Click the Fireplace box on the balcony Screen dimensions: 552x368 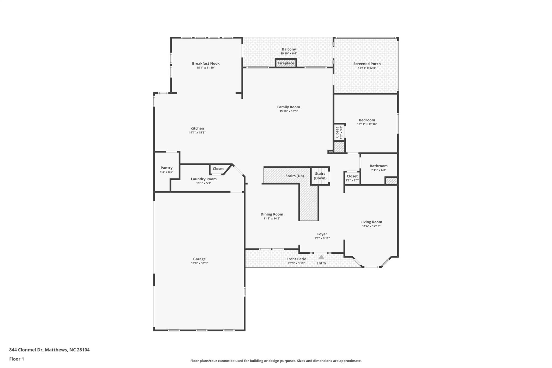[x=286, y=63]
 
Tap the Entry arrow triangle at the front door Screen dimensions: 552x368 [x=321, y=257]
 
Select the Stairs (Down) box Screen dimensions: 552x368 [x=320, y=176]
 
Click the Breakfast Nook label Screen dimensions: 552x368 [x=206, y=63]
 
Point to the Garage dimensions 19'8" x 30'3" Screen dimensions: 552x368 [x=199, y=263]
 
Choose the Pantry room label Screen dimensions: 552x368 [x=167, y=168]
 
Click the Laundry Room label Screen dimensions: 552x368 [x=204, y=179]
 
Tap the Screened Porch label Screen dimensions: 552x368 [x=367, y=64]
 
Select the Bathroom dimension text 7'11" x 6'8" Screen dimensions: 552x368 [x=379, y=170]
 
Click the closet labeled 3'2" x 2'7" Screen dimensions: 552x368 [x=352, y=178]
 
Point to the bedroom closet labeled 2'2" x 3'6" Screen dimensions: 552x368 [x=339, y=132]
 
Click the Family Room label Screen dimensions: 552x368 [x=289, y=107]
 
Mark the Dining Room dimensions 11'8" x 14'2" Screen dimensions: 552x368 [x=272, y=218]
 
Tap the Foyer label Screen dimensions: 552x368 [x=322, y=234]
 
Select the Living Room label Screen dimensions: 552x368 [x=371, y=222]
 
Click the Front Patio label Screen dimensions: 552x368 [x=296, y=259]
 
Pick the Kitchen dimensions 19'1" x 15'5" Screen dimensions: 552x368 [x=197, y=133]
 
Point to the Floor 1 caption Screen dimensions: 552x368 [x=17, y=359]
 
